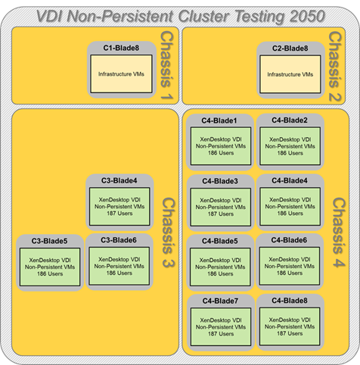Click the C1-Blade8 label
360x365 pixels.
pyautogui.click(x=121, y=48)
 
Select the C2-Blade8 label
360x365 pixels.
pyautogui.click(x=290, y=48)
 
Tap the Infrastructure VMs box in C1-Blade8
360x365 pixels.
pyautogui.click(x=121, y=74)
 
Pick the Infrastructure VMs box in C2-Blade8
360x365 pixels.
pyautogui.click(x=290, y=74)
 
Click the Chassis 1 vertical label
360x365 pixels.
pyautogui.click(x=166, y=65)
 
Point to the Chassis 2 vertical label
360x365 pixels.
pyautogui.click(x=334, y=67)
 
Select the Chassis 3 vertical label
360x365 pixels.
pyautogui.click(x=168, y=232)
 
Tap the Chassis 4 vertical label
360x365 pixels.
pyautogui.click(x=339, y=232)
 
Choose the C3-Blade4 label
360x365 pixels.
pyautogui.click(x=119, y=181)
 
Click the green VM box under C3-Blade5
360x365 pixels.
pyautogui.click(x=50, y=267)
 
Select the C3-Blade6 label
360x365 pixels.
pyautogui.click(x=119, y=240)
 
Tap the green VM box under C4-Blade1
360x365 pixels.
pyautogui.click(x=221, y=146)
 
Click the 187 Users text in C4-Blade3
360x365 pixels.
pyautogui.click(x=221, y=214)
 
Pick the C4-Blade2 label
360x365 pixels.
pyautogui.click(x=290, y=120)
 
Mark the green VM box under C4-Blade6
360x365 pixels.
pyautogui.click(x=290, y=267)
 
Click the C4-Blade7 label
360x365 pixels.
pyautogui.click(x=220, y=301)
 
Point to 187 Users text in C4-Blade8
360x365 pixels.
pyautogui.click(x=290, y=334)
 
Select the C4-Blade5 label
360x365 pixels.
pyautogui.click(x=220, y=241)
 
